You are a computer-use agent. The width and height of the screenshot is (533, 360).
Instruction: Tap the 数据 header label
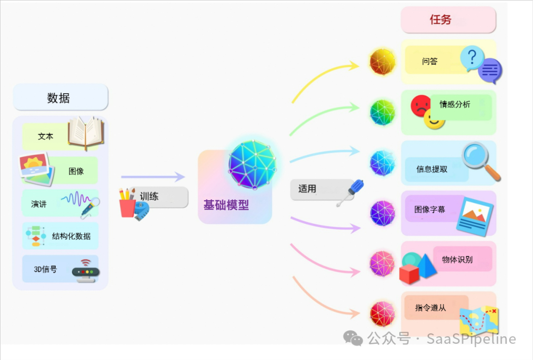[59, 98]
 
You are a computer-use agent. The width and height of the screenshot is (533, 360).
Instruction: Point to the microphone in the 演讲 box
[90, 207]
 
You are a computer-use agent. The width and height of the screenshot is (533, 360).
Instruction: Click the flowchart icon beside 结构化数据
[35, 236]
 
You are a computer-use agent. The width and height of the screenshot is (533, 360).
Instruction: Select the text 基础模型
[226, 205]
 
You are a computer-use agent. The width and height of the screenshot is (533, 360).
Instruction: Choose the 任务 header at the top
[440, 20]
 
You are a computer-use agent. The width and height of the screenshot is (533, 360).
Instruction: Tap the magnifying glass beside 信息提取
[480, 160]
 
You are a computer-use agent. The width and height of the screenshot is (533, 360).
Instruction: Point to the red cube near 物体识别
[409, 274]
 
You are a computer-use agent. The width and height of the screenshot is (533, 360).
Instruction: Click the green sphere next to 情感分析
[383, 112]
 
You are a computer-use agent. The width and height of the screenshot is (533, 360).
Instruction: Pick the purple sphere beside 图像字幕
[383, 213]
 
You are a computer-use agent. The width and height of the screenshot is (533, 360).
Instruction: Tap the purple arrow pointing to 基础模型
[153, 177]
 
